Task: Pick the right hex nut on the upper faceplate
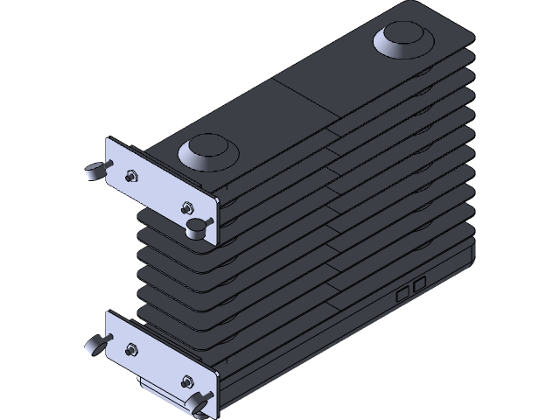[185, 207]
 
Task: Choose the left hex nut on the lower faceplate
[130, 349]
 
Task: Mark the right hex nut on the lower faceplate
[185, 381]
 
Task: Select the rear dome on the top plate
[401, 39]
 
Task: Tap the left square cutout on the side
[402, 293]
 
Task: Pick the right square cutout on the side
[420, 283]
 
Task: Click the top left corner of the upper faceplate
[108, 139]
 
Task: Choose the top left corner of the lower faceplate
[108, 311]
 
